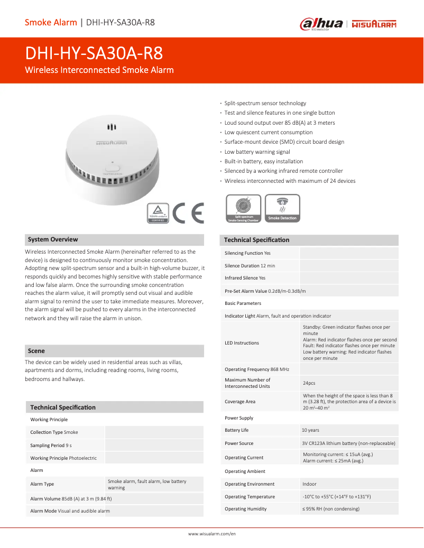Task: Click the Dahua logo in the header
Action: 321,24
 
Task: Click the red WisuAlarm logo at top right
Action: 374,24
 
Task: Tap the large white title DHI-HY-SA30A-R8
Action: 94,53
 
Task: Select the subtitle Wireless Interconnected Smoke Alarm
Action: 99,70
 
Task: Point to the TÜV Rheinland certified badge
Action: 158,213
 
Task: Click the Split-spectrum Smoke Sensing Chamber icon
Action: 243,208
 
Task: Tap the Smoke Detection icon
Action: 282,208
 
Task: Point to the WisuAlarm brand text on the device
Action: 112,143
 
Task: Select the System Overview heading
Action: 53,239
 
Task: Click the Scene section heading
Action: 36,351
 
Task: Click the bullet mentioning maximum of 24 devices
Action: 290,181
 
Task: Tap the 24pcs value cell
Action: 309,383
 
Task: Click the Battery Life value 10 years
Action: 310,430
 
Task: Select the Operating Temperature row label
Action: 250,497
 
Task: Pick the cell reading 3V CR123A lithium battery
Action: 348,443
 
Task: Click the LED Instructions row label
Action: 242,343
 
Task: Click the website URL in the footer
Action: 212,534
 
